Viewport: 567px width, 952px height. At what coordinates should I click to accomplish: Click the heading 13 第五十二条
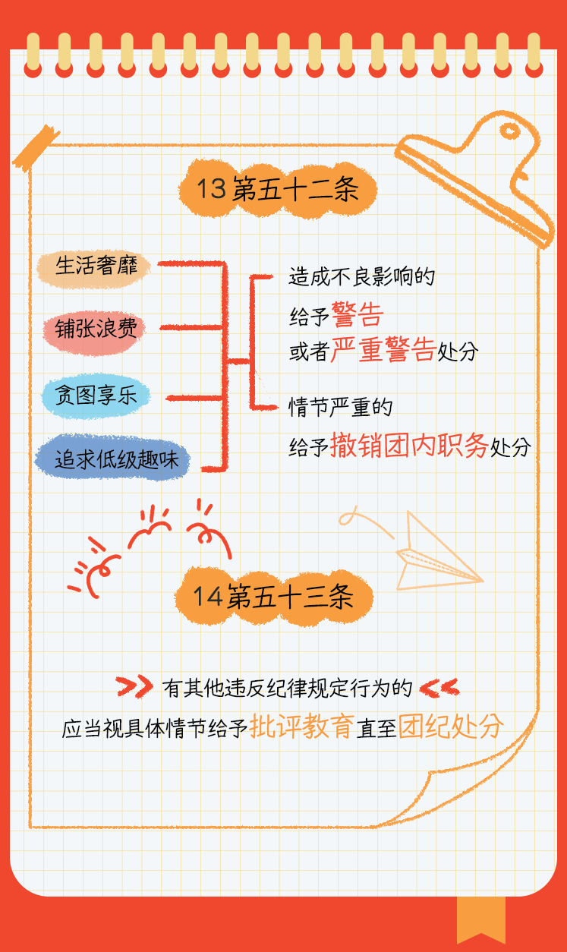277,190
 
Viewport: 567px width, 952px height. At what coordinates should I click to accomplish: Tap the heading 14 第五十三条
273,597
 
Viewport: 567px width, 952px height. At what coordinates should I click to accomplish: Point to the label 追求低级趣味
112,459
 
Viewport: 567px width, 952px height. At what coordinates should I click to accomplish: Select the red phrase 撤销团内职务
409,446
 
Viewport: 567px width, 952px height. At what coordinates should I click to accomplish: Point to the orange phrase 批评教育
301,727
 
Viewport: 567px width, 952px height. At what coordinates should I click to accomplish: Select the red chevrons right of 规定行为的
439,688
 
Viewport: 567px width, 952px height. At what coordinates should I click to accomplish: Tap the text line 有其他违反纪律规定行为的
287,688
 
